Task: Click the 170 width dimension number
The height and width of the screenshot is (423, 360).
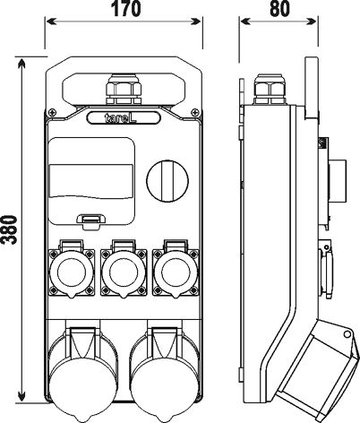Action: click(125, 9)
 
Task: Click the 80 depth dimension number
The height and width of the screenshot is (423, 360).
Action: click(279, 9)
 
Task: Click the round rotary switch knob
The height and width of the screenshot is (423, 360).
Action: click(167, 181)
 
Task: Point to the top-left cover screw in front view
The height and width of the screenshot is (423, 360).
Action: click(52, 113)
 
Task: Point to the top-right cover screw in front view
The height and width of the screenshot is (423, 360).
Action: click(195, 113)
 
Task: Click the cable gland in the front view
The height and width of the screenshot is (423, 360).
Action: click(124, 90)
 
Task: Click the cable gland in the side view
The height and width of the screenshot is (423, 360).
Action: click(270, 90)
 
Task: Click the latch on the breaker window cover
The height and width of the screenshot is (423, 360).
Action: click(90, 222)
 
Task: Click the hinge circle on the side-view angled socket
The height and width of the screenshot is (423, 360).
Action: click(347, 333)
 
